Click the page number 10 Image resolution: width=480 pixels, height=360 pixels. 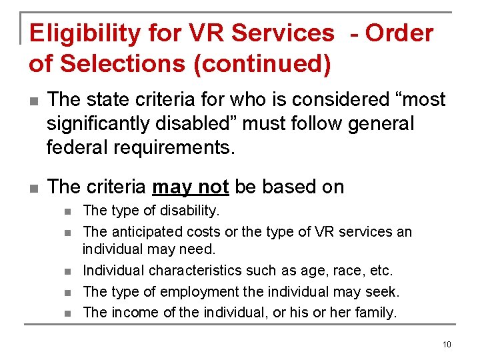[446, 344]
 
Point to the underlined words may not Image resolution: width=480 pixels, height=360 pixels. [191, 187]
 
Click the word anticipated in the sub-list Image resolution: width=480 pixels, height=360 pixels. [141, 232]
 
